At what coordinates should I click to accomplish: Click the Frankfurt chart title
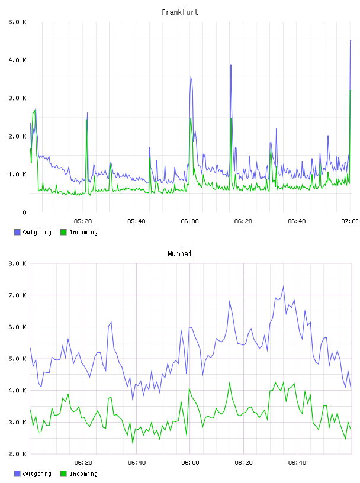pyautogui.click(x=180, y=12)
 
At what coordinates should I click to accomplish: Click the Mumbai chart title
pyautogui.click(x=179, y=254)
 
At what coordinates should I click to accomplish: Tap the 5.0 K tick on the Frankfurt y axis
pyautogui.click(x=17, y=22)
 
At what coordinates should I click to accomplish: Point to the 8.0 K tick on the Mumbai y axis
pyautogui.click(x=17, y=263)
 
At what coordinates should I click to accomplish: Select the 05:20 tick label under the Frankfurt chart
pyautogui.click(x=83, y=221)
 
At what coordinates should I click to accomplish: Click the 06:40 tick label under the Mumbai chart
pyautogui.click(x=297, y=462)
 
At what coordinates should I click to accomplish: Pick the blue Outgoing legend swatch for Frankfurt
pyautogui.click(x=17, y=232)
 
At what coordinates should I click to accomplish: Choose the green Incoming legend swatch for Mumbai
pyautogui.click(x=63, y=474)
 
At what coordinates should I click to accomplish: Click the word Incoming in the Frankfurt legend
pyautogui.click(x=83, y=232)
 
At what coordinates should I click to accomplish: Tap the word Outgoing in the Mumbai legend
pyautogui.click(x=37, y=474)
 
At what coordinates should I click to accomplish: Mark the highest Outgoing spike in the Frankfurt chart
pyautogui.click(x=351, y=40)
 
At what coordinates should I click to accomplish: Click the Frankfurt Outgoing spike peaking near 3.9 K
pyautogui.click(x=231, y=65)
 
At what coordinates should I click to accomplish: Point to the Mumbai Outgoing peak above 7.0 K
pyautogui.click(x=283, y=286)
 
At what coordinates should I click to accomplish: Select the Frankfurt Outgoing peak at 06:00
pyautogui.click(x=191, y=77)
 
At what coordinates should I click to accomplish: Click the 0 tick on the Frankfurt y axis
pyautogui.click(x=24, y=212)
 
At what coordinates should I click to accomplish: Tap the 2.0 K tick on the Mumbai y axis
pyautogui.click(x=17, y=454)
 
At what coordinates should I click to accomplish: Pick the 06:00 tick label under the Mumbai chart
pyautogui.click(x=190, y=462)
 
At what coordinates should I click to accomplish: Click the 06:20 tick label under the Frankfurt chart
pyautogui.click(x=243, y=221)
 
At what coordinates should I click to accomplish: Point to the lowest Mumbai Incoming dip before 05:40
pyautogui.click(x=133, y=443)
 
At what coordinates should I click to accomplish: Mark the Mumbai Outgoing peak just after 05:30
pyautogui.click(x=111, y=322)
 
